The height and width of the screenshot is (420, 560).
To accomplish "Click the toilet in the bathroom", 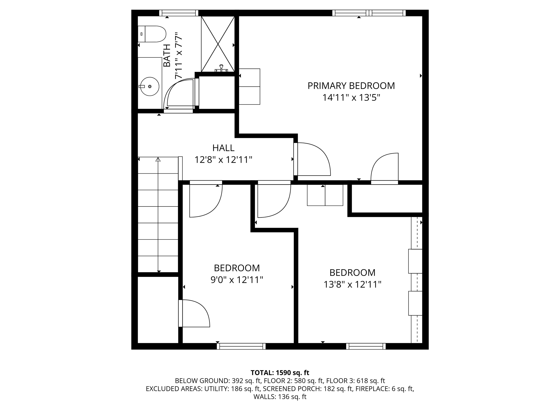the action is pos(152,34).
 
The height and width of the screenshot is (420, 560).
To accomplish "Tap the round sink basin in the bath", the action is pos(150,86).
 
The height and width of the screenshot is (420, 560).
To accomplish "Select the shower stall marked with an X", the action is pos(218,44).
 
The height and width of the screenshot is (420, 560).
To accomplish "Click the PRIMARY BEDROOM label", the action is pos(351,86).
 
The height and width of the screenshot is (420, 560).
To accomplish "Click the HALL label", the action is pos(223,148).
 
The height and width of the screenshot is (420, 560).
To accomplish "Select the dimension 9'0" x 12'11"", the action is pos(237,280).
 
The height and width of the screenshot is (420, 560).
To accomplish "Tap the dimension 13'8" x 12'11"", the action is pos(352,285).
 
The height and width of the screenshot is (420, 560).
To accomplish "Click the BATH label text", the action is pos(167,56).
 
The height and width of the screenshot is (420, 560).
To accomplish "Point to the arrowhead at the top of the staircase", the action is pos(158,159).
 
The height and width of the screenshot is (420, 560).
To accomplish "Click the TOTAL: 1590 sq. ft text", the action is pos(280,373).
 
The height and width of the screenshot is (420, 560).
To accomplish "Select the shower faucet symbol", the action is pos(221,68).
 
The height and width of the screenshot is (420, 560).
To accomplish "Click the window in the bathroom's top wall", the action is pos(179,13).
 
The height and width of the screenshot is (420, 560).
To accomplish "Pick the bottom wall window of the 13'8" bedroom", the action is pos(366,346).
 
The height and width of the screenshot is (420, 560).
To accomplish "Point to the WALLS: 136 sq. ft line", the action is pos(280,397).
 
